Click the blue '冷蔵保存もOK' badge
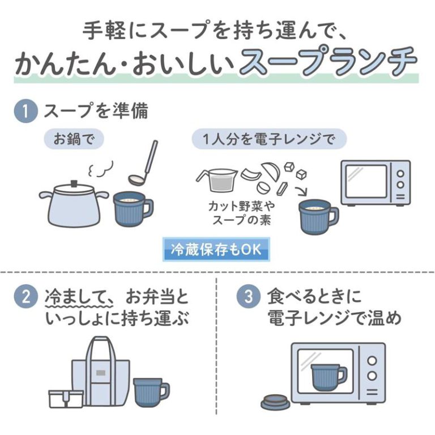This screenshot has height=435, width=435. (216, 250)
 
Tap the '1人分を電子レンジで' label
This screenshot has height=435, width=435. (269, 139)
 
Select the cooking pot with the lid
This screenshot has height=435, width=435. (73, 204)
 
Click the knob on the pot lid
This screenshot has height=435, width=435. (73, 183)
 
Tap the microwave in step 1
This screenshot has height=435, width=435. (374, 182)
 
